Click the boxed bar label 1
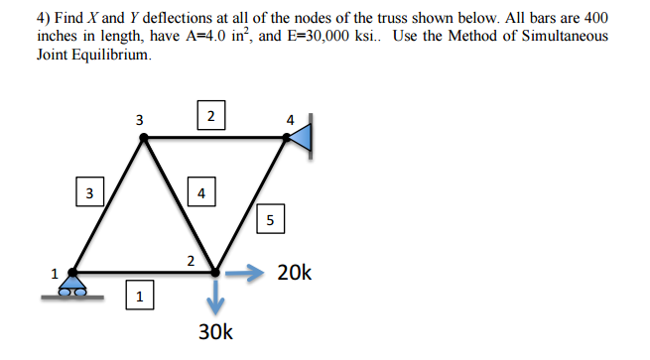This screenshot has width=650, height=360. tap(140, 295)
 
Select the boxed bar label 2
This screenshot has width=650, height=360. tap(209, 115)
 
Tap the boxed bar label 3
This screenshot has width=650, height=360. tap(89, 192)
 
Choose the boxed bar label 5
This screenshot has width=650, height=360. tap(270, 219)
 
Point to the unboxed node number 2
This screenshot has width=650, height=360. tap(190, 261)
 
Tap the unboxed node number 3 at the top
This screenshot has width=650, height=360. tap(139, 120)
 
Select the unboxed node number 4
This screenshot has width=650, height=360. tap(290, 120)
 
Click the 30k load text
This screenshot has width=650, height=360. tap(215, 330)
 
